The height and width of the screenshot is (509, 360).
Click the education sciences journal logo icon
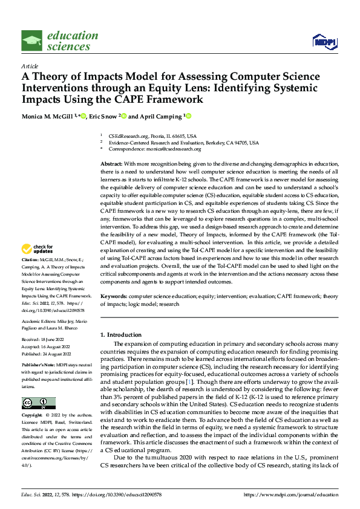tap(32, 41)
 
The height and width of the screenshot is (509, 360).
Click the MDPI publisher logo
tap(324, 41)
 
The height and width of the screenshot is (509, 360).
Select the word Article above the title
tap(30, 66)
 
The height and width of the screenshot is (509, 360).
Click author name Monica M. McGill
tap(50, 116)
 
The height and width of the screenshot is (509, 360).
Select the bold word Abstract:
tap(111, 164)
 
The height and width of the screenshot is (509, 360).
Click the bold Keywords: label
tap(113, 296)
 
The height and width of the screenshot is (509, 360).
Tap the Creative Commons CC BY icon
tap(38, 403)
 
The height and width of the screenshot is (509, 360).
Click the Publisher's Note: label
tap(39, 366)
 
